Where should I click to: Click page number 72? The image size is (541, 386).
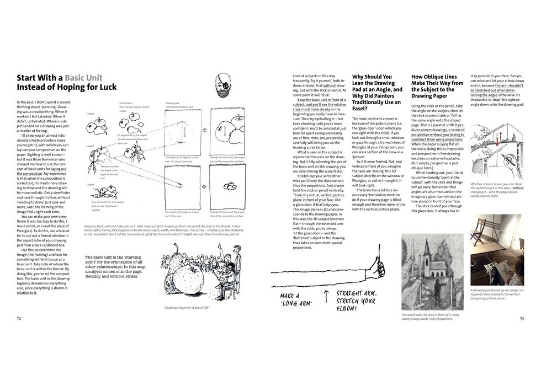19,318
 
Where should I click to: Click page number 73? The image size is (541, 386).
522,318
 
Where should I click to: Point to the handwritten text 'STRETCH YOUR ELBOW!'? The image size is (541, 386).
356,301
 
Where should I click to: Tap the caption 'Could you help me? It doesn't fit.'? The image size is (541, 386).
187,308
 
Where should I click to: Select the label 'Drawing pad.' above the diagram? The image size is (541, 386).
173,103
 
